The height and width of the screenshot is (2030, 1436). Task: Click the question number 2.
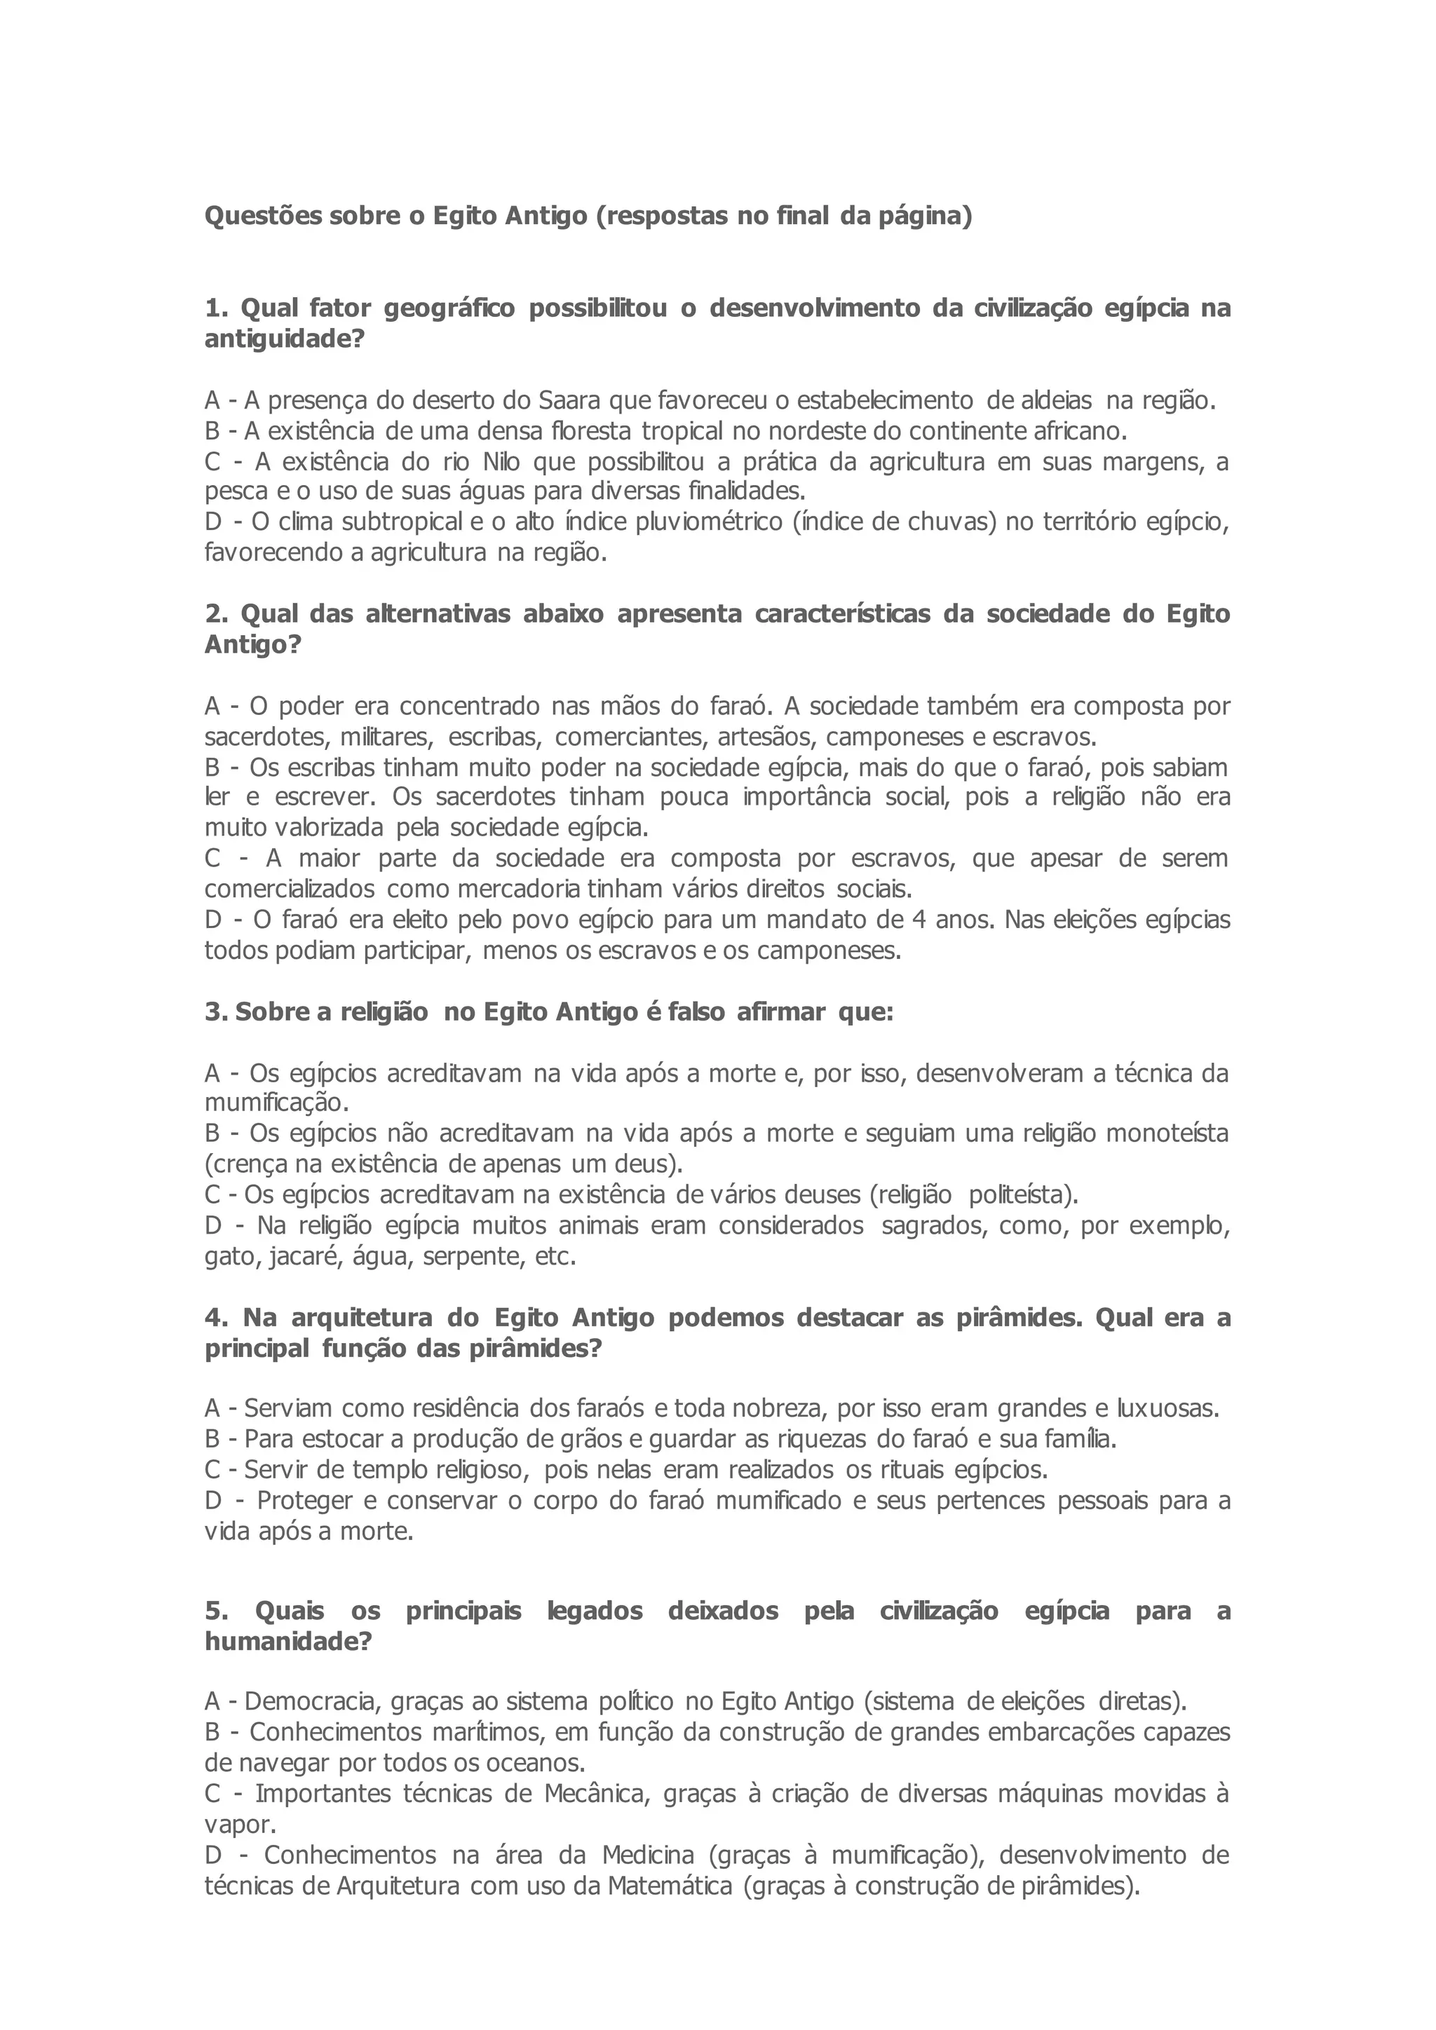[213, 615]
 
